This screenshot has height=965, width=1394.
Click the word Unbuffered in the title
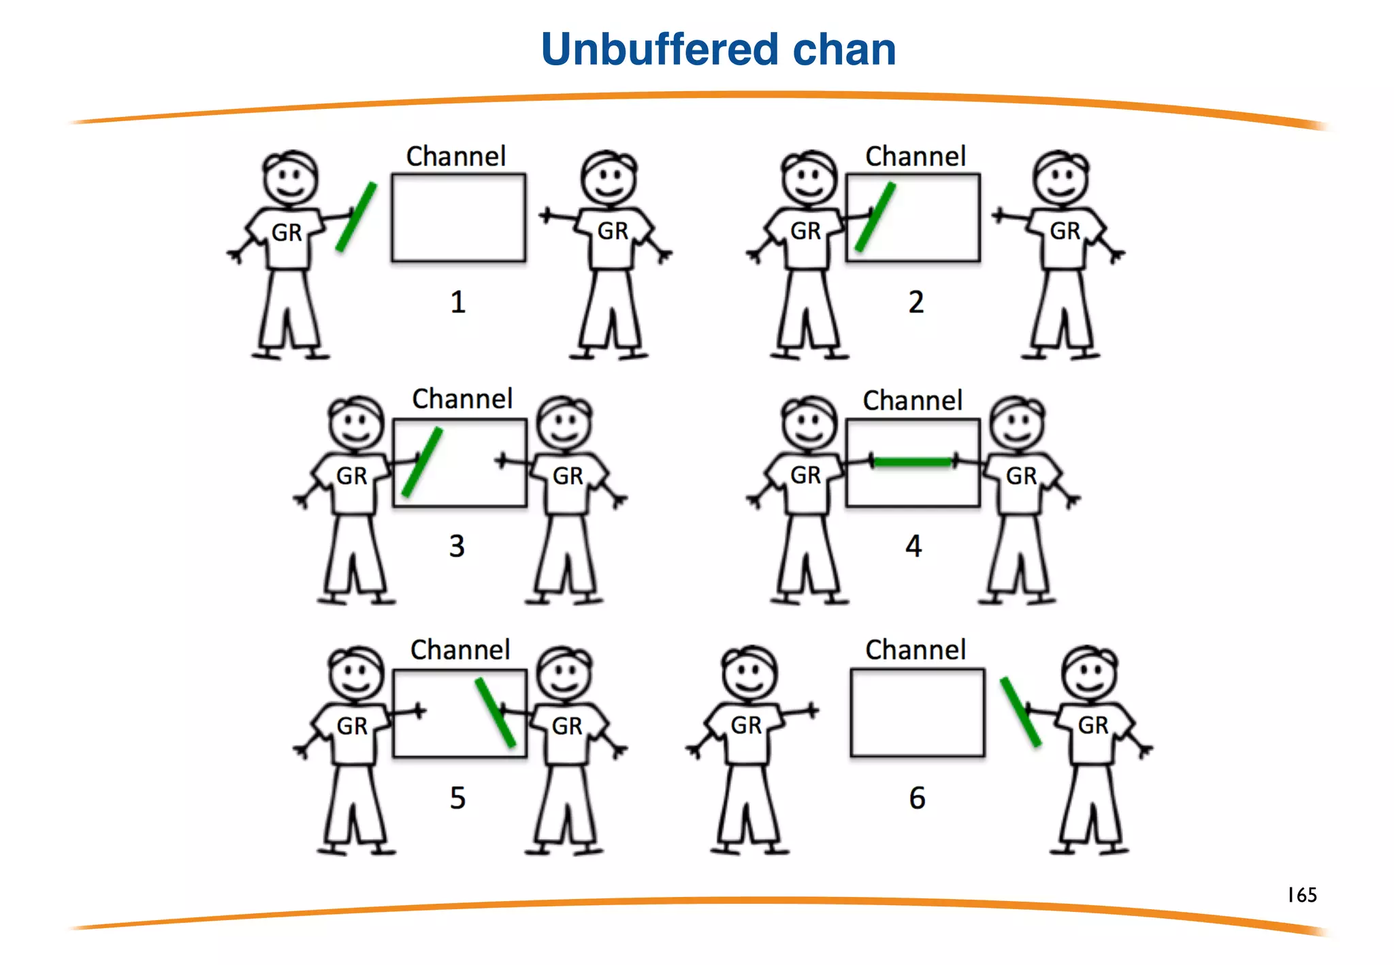tap(659, 50)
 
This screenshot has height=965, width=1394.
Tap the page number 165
tap(1301, 894)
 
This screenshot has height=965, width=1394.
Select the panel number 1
tap(457, 301)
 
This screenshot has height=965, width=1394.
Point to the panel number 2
tap(916, 301)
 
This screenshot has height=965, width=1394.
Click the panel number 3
tap(457, 546)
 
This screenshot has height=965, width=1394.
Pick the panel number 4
tap(913, 546)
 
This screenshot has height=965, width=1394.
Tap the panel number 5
tap(457, 798)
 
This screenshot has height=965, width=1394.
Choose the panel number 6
tap(917, 798)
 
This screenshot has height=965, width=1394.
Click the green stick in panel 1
tap(356, 217)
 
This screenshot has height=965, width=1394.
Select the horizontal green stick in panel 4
tap(912, 462)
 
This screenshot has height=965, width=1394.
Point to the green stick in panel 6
tap(1020, 711)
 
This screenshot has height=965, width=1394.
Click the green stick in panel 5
tap(495, 712)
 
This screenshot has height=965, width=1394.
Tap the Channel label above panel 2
tap(915, 157)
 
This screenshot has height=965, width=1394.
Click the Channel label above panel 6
tap(915, 650)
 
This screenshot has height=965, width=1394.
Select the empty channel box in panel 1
tap(458, 218)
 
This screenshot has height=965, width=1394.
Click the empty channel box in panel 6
tap(917, 713)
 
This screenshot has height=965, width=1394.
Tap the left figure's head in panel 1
tap(291, 178)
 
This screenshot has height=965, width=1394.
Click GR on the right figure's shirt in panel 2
tap(1065, 231)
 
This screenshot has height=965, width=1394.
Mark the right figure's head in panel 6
tap(1090, 672)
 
